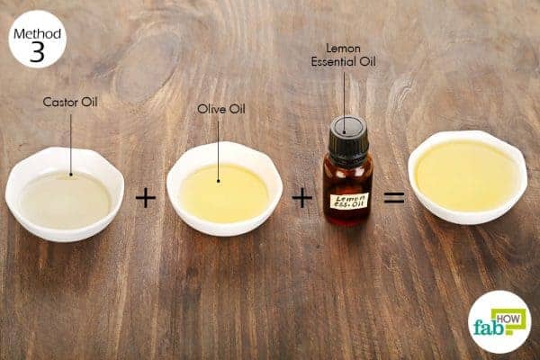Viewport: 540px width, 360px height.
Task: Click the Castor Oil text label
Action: coord(70,102)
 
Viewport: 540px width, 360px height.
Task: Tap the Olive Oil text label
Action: coord(221,109)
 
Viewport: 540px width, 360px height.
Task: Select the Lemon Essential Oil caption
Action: coord(344,55)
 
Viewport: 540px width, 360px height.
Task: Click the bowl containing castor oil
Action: coord(65,194)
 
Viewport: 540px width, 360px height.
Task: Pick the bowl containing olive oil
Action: coord(224,189)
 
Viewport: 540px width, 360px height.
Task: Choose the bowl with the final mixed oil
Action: coord(468,177)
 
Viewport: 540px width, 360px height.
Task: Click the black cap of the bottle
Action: coord(347,137)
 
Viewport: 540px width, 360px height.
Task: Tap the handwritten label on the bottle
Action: coord(349,201)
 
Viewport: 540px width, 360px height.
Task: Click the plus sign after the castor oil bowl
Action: coord(146,198)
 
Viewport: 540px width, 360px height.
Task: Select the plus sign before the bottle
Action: coord(302,198)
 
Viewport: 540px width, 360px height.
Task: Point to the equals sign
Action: coord(394,197)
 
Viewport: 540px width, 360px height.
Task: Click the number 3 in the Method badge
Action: coord(37,52)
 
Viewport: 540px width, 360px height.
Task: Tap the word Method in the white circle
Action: coord(37,34)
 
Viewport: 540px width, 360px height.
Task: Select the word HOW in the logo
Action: coord(508,319)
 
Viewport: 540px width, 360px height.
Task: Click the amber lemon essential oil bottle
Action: coord(347,171)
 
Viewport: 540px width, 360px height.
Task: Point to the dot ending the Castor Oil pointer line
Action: coord(71,175)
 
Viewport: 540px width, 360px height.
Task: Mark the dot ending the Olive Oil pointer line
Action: coord(219,181)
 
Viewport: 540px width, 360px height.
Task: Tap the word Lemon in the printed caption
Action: coord(344,49)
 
